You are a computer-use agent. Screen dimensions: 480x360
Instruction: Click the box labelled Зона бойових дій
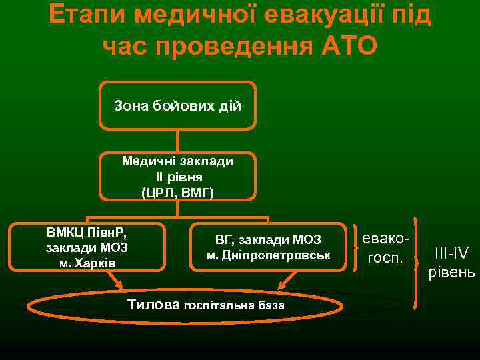tap(177, 105)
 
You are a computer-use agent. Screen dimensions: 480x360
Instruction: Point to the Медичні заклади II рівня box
tap(177, 177)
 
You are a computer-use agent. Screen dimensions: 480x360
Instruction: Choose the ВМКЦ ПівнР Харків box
tap(87, 247)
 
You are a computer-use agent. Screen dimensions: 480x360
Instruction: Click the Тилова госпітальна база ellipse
tap(206, 306)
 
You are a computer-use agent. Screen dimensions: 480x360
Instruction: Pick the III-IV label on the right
tap(451, 253)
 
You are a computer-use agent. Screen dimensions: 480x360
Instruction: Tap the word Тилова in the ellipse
tap(153, 305)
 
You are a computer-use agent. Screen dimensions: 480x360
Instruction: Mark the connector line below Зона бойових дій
tap(177, 141)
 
